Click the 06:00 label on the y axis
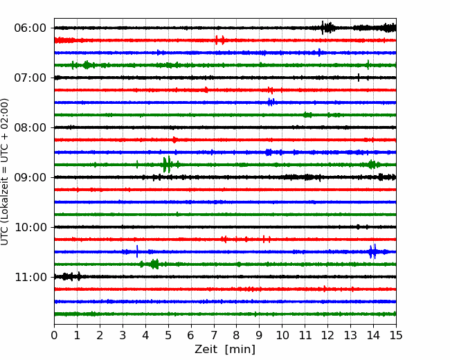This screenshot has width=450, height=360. click(30, 28)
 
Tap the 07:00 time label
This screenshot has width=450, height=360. click(30, 78)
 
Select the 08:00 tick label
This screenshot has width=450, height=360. click(30, 127)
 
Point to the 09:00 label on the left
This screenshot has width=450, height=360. click(30, 177)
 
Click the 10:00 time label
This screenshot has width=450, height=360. click(30, 227)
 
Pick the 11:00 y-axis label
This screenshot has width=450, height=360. click(30, 277)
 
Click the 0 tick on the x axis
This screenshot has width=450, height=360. click(54, 335)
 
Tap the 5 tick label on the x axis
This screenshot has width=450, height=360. click(168, 335)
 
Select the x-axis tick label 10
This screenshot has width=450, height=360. click(282, 335)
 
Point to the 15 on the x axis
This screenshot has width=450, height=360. click(396, 335)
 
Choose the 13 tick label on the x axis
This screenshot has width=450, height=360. click(350, 335)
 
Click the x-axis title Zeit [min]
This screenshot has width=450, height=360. click(225, 349)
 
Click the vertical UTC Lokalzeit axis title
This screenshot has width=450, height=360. click(5, 172)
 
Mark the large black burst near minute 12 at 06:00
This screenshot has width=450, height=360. click(327, 28)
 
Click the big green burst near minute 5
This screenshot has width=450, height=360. click(167, 165)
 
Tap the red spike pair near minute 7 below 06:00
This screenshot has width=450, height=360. click(220, 40)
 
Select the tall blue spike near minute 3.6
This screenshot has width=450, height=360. click(137, 251)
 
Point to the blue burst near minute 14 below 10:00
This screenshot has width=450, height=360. click(372, 252)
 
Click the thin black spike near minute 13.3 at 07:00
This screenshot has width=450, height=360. click(359, 78)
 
